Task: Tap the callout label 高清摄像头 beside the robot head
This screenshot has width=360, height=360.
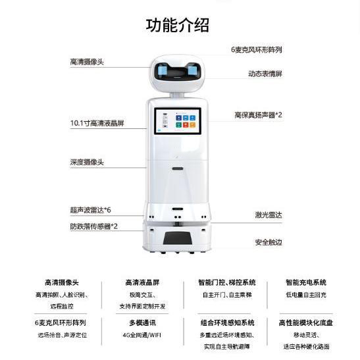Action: tap(87, 61)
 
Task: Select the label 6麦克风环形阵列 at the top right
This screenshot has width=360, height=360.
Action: tap(257, 49)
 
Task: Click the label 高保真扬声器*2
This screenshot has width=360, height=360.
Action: tap(258, 115)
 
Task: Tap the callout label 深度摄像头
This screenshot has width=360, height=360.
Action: tap(87, 161)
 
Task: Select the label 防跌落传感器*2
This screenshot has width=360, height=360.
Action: tap(94, 226)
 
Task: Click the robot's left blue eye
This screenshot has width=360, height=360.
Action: tap(163, 70)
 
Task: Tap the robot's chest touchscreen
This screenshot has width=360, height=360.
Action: tap(178, 122)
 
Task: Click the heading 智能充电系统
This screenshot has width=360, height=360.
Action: tap(305, 282)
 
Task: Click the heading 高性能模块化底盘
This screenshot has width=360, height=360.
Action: tap(305, 323)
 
